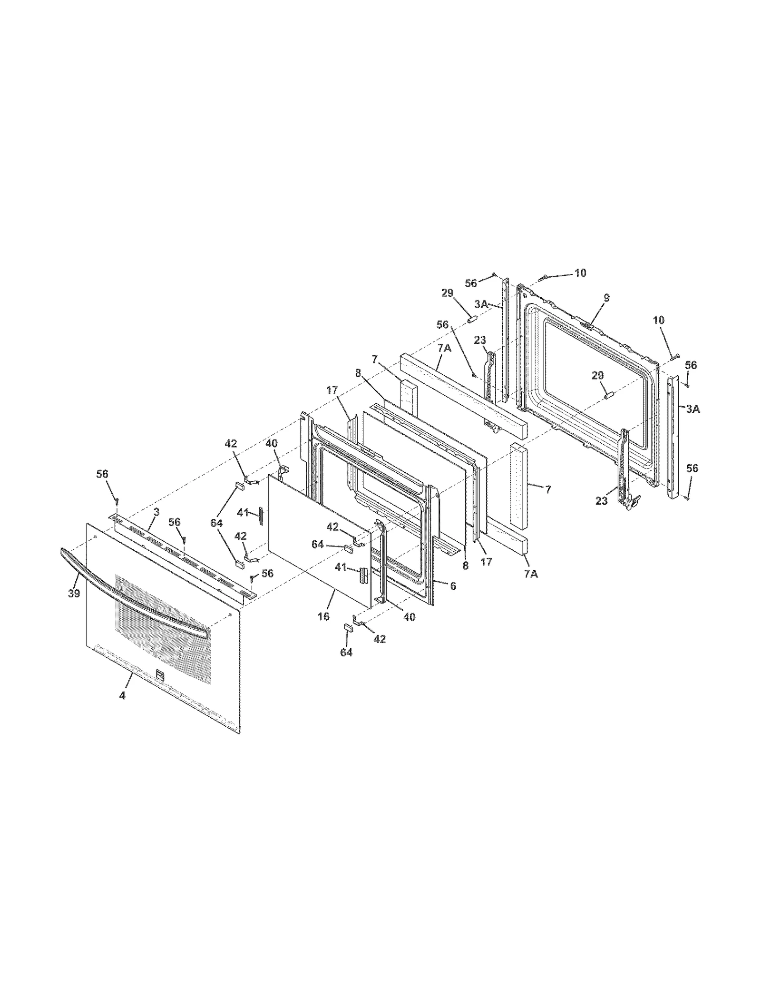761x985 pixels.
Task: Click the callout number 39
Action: point(74,594)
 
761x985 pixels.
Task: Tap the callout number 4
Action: point(122,695)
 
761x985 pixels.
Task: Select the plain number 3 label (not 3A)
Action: point(156,512)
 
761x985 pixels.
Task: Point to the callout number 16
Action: point(323,617)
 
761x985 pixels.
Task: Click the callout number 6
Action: point(453,586)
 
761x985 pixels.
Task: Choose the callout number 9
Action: point(606,298)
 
